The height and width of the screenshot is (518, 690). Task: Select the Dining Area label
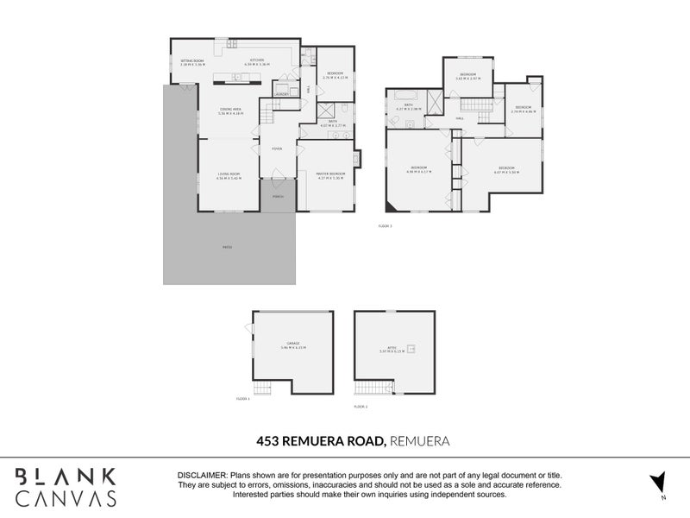tap(229, 111)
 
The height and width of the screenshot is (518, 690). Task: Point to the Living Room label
tap(229, 176)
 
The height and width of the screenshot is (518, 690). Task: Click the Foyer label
tap(277, 148)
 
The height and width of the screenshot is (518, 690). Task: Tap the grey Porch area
tap(278, 198)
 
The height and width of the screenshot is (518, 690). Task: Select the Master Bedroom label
tap(331, 175)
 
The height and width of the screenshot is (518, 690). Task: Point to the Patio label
tap(228, 247)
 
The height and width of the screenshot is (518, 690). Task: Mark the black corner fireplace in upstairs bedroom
tap(392, 205)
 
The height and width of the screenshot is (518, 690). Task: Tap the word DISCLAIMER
tap(202, 476)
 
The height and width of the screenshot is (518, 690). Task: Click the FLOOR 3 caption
tap(386, 226)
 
